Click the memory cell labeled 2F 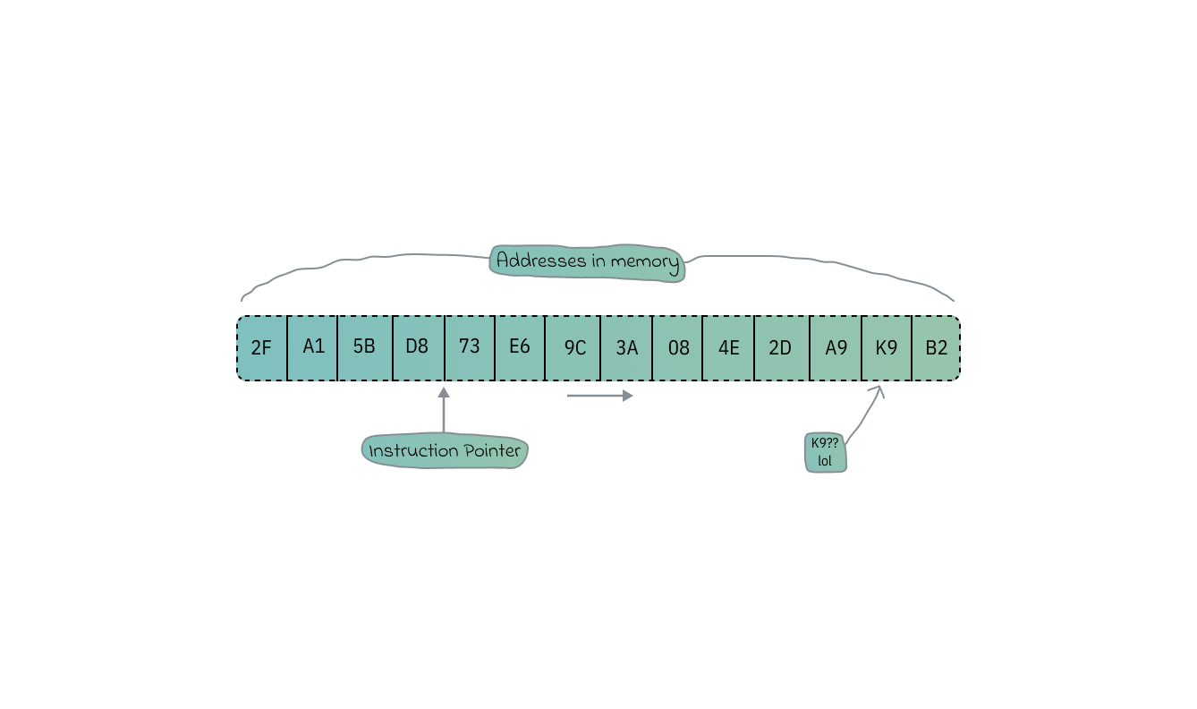tap(262, 348)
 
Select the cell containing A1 tap(313, 348)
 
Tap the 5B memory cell tap(364, 348)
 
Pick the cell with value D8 tap(418, 348)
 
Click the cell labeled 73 tap(470, 348)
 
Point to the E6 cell tap(520, 348)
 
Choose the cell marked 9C tap(573, 348)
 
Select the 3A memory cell tap(626, 348)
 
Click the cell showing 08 tap(678, 348)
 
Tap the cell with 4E tap(728, 348)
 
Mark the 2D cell tap(781, 348)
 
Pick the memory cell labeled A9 tap(836, 348)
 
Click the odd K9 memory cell tap(886, 348)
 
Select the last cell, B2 tap(936, 348)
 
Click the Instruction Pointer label tap(445, 451)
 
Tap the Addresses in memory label tap(587, 262)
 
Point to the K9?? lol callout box tap(825, 452)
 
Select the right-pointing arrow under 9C tap(599, 395)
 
